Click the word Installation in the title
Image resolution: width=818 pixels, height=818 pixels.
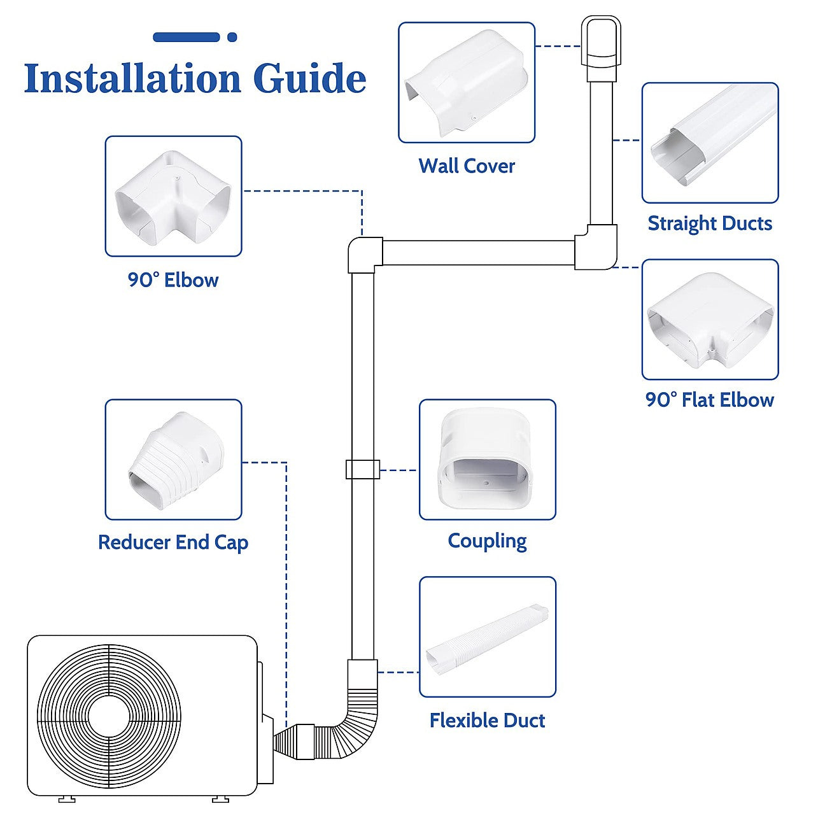(132, 78)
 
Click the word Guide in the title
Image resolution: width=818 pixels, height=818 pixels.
(309, 78)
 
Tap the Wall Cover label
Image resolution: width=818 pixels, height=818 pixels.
(467, 166)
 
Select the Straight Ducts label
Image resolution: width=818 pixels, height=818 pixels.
(710, 223)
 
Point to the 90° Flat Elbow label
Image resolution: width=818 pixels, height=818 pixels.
(710, 400)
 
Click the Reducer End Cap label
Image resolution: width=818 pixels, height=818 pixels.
(173, 542)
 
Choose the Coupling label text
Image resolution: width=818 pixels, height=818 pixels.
(487, 541)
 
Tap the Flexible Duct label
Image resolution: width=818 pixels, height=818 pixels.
(487, 721)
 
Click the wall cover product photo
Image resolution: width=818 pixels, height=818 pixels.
(467, 83)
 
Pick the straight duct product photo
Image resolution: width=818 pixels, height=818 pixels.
(710, 143)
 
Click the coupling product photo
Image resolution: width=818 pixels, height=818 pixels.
(487, 459)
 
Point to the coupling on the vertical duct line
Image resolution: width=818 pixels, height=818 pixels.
(362, 469)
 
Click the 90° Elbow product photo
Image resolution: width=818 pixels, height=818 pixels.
(173, 196)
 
